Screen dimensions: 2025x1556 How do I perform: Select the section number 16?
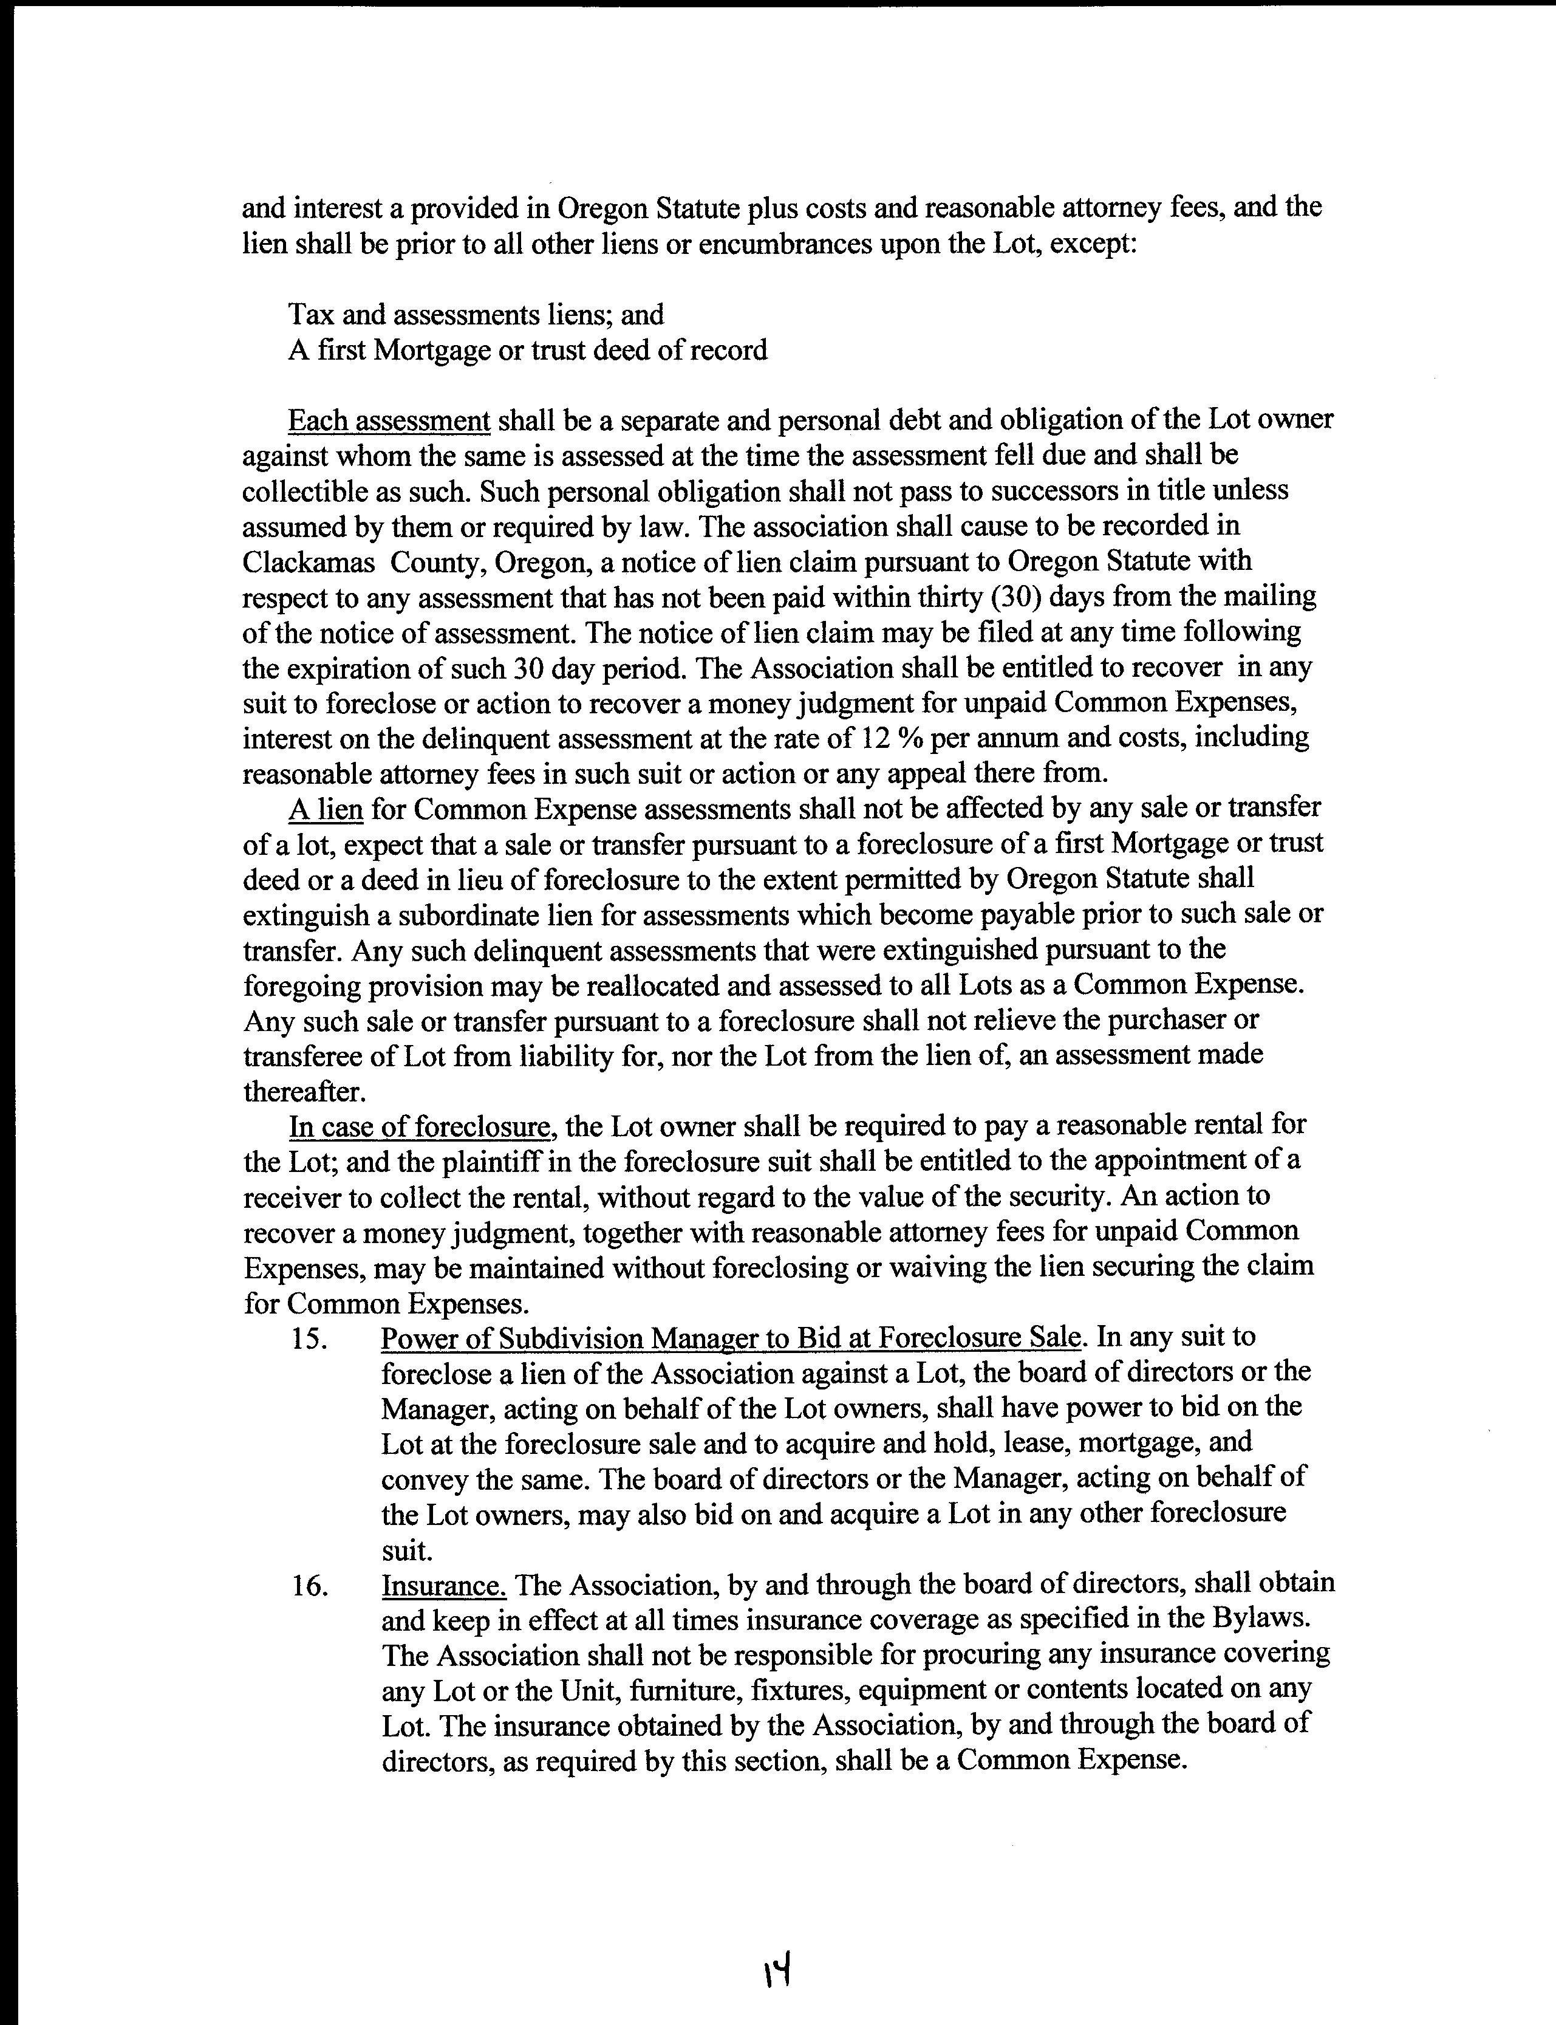[310, 1586]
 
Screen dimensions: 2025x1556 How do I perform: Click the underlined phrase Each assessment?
[389, 420]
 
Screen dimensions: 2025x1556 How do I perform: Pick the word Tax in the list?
[311, 315]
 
